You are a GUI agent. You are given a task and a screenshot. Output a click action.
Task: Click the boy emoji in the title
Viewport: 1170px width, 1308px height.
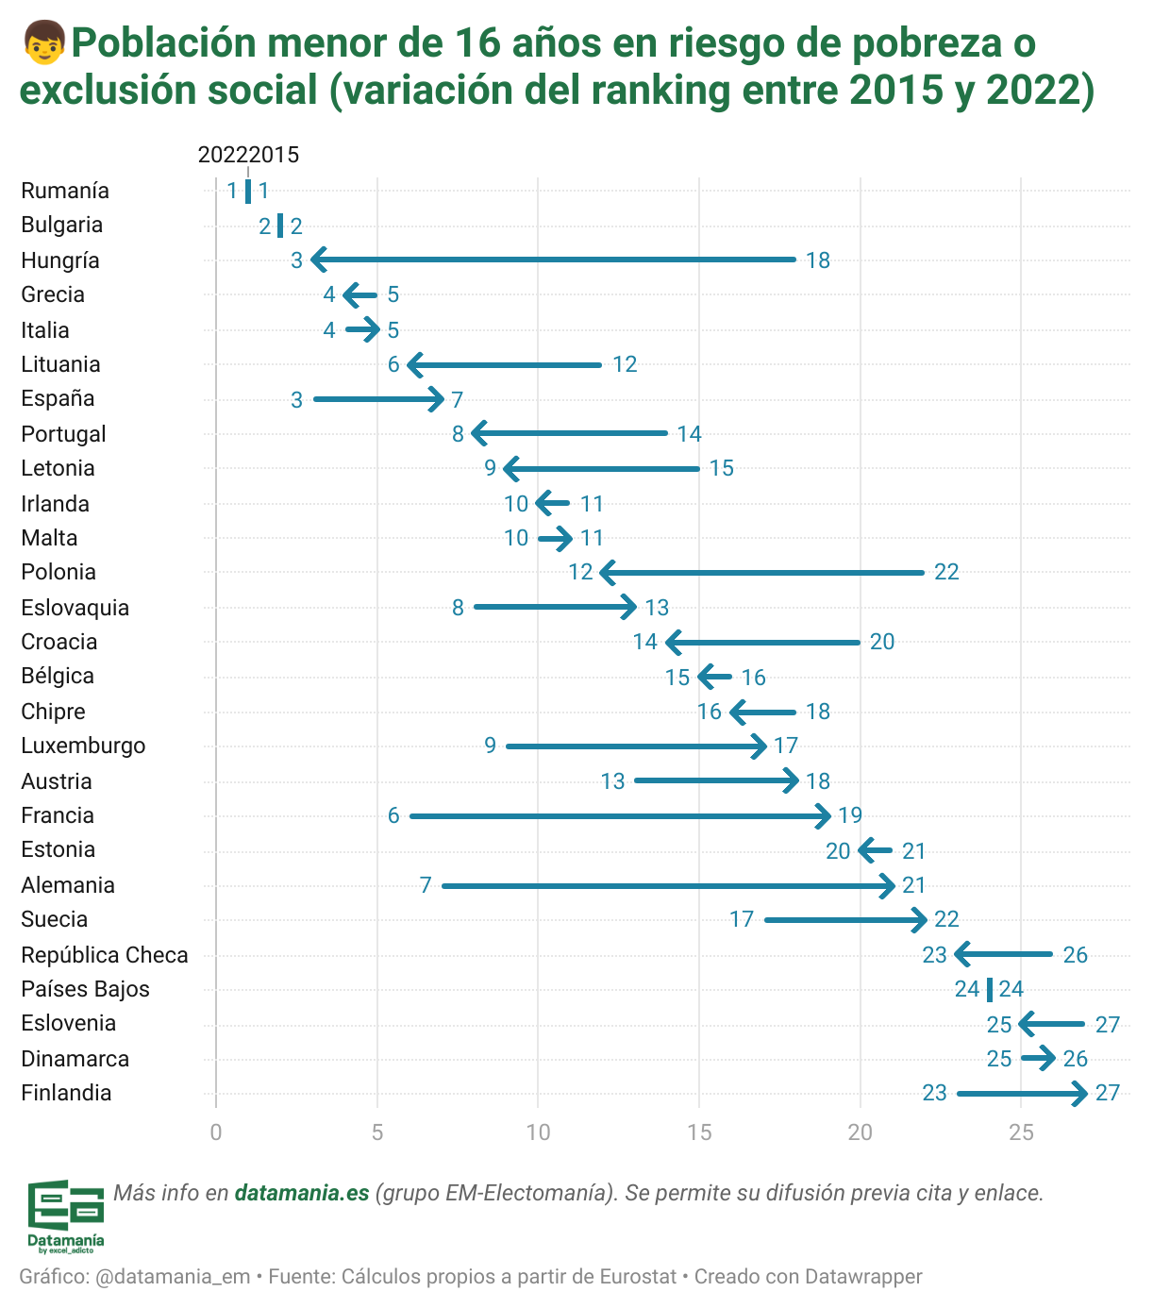43,43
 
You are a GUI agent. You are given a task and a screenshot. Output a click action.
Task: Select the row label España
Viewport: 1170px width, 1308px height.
58,398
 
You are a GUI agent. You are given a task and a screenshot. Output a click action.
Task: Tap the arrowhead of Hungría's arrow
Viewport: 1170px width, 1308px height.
317,260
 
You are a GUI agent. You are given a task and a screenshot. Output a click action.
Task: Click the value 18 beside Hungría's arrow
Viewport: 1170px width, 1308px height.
818,260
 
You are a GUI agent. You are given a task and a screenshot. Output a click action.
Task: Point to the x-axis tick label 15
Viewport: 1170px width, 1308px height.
699,1132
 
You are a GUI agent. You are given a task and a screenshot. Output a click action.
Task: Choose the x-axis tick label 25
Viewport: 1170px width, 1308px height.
1021,1132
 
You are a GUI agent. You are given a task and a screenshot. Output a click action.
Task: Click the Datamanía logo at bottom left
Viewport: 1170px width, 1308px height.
65,1215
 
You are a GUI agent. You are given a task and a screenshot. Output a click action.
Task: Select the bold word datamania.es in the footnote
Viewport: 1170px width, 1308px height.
301,1193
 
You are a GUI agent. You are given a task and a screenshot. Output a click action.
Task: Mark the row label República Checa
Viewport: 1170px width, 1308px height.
105,955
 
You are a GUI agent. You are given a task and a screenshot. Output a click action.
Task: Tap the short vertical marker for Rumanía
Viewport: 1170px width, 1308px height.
248,191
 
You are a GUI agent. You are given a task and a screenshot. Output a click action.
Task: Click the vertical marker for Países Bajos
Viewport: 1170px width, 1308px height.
989,990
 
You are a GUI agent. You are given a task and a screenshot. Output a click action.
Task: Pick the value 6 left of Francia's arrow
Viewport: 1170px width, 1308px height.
393,815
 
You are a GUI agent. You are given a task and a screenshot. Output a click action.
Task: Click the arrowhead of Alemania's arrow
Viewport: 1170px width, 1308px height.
889,886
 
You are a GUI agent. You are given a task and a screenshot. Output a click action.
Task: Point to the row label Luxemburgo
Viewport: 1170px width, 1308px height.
83,746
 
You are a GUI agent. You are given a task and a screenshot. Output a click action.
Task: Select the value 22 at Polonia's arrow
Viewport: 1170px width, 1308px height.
946,572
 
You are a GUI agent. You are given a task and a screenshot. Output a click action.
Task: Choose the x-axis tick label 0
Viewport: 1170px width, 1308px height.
216,1132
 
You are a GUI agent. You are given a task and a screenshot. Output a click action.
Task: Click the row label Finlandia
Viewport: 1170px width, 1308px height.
66,1093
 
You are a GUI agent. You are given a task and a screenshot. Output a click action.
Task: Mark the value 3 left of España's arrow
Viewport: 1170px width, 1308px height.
296,400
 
